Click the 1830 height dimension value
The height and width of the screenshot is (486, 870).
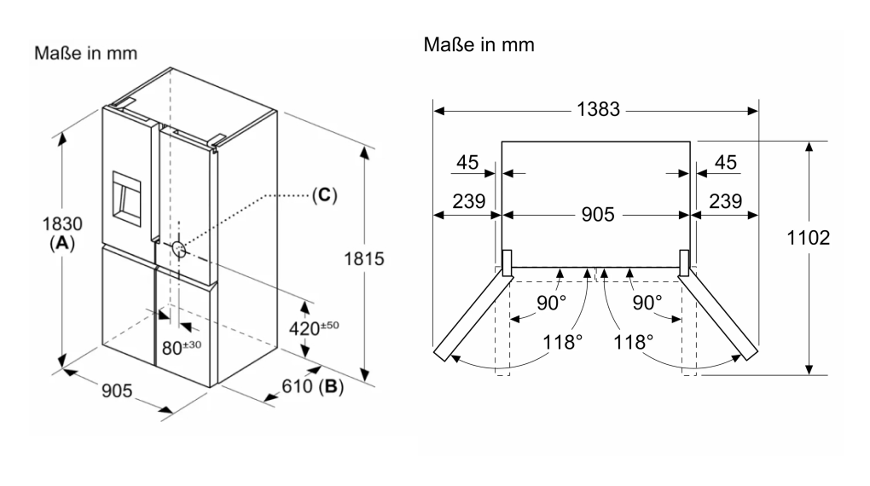pyautogui.click(x=63, y=225)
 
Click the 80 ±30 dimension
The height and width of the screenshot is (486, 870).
pyautogui.click(x=181, y=347)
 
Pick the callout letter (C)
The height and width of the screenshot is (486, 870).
pyautogui.click(x=323, y=195)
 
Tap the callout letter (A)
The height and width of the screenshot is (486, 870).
pyautogui.click(x=63, y=242)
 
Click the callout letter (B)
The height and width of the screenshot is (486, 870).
pyautogui.click(x=331, y=388)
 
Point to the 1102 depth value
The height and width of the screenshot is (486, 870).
pyautogui.click(x=808, y=239)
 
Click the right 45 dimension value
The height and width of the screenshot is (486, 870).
pyautogui.click(x=725, y=162)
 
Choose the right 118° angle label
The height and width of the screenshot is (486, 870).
pyautogui.click(x=632, y=343)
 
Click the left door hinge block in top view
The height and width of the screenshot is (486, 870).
pyautogui.click(x=506, y=262)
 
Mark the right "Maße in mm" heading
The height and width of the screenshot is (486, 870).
pyautogui.click(x=479, y=44)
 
